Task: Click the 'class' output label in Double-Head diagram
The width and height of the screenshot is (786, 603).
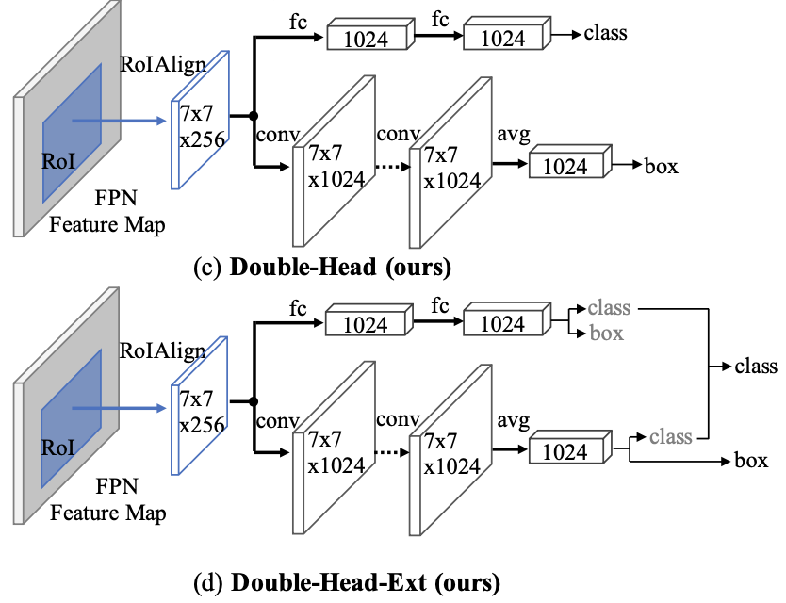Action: point(605,35)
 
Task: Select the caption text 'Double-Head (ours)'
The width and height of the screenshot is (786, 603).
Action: point(340,267)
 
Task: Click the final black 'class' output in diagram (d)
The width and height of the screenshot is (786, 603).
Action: point(756,366)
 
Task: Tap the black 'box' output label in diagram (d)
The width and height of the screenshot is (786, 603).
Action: point(751,461)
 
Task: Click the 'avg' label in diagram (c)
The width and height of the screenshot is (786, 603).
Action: point(511,134)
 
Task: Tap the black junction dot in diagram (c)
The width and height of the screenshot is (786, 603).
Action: point(253,116)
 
